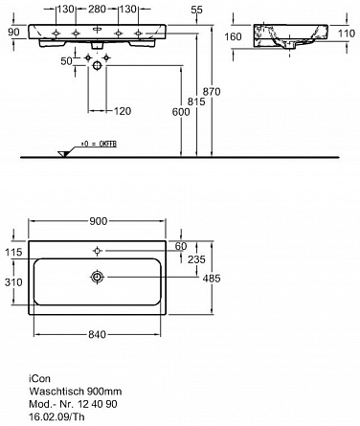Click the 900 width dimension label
(x=99, y=221)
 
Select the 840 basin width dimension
(x=97, y=334)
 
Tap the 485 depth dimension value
(x=212, y=279)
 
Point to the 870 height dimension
(x=212, y=92)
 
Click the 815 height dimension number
(x=196, y=101)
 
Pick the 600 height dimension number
(x=181, y=112)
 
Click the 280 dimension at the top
(x=97, y=9)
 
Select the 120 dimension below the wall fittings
(x=123, y=111)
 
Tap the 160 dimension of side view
(x=233, y=36)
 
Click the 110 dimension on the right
(x=346, y=34)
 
